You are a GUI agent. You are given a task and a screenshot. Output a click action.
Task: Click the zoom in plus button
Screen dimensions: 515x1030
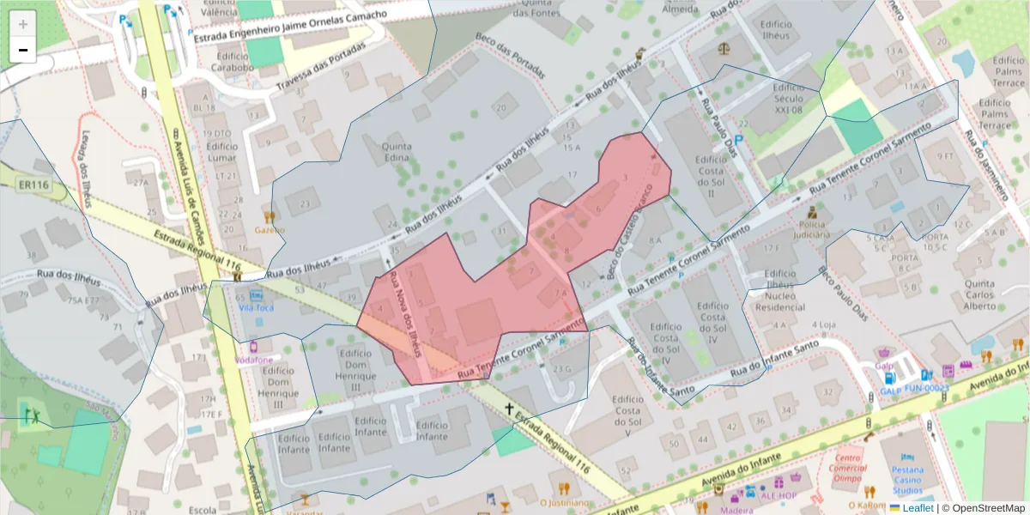coord(23,24)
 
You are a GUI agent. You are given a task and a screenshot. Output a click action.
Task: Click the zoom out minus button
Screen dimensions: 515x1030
coord(23,50)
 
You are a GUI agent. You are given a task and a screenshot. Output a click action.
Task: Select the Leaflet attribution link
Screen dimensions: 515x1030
coord(918,508)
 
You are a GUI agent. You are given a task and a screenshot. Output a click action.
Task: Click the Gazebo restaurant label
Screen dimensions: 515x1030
coord(269,229)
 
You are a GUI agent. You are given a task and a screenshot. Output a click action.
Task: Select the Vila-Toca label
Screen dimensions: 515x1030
coord(257,306)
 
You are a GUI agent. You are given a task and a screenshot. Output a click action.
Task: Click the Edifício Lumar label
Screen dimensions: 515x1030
coord(222,151)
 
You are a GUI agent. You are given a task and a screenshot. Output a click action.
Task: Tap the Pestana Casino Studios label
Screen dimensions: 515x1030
coord(906,481)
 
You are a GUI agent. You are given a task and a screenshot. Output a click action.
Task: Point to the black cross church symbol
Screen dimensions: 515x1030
coord(510,409)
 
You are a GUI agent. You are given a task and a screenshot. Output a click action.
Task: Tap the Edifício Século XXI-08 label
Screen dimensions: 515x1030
coord(788,99)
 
